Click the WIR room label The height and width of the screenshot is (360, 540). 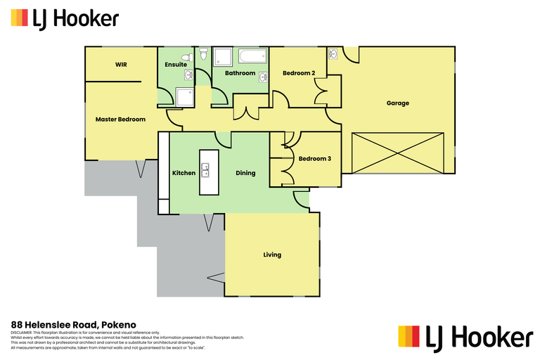click(120, 65)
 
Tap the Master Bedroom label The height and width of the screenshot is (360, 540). click(120, 120)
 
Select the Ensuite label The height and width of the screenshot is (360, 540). click(176, 65)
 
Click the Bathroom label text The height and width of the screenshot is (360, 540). click(240, 73)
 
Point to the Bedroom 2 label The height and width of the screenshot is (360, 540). click(299, 73)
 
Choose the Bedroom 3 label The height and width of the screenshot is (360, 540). click(314, 159)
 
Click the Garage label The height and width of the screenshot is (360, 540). click(397, 103)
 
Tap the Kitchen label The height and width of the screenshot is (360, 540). click(184, 173)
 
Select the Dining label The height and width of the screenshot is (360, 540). click(245, 173)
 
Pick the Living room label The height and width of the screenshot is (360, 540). click(272, 255)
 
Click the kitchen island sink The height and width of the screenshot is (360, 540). click(205, 171)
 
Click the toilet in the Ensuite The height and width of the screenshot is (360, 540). click(186, 57)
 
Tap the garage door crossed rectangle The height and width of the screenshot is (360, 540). click(399, 152)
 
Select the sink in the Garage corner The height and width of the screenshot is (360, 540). click(333, 54)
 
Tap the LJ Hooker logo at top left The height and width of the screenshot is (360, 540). click(65, 18)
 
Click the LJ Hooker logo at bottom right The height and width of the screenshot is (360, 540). click(465, 337)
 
